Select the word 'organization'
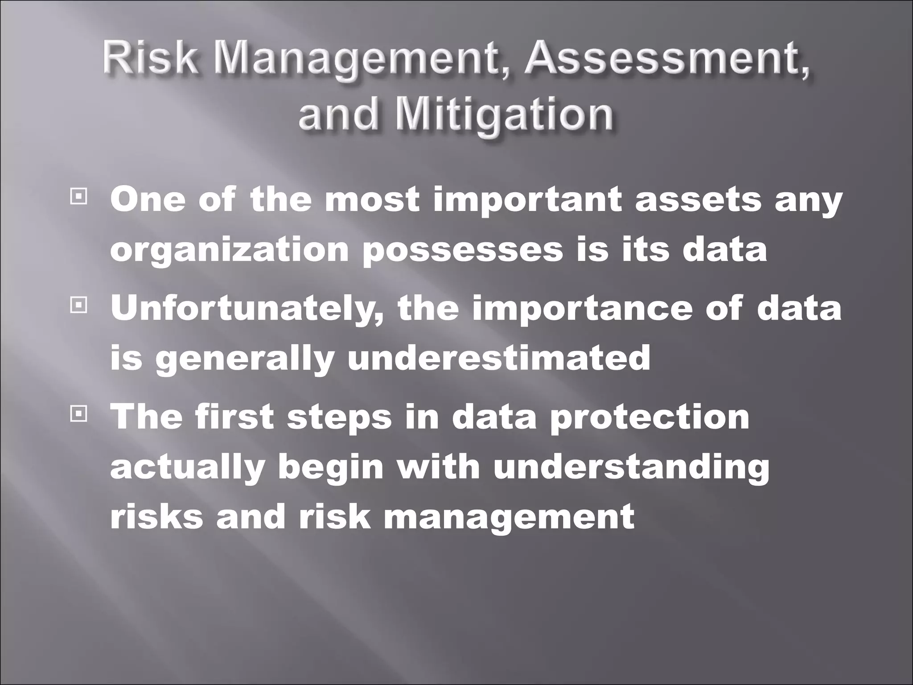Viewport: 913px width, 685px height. coord(229,250)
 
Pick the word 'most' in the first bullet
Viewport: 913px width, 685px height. coord(372,199)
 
